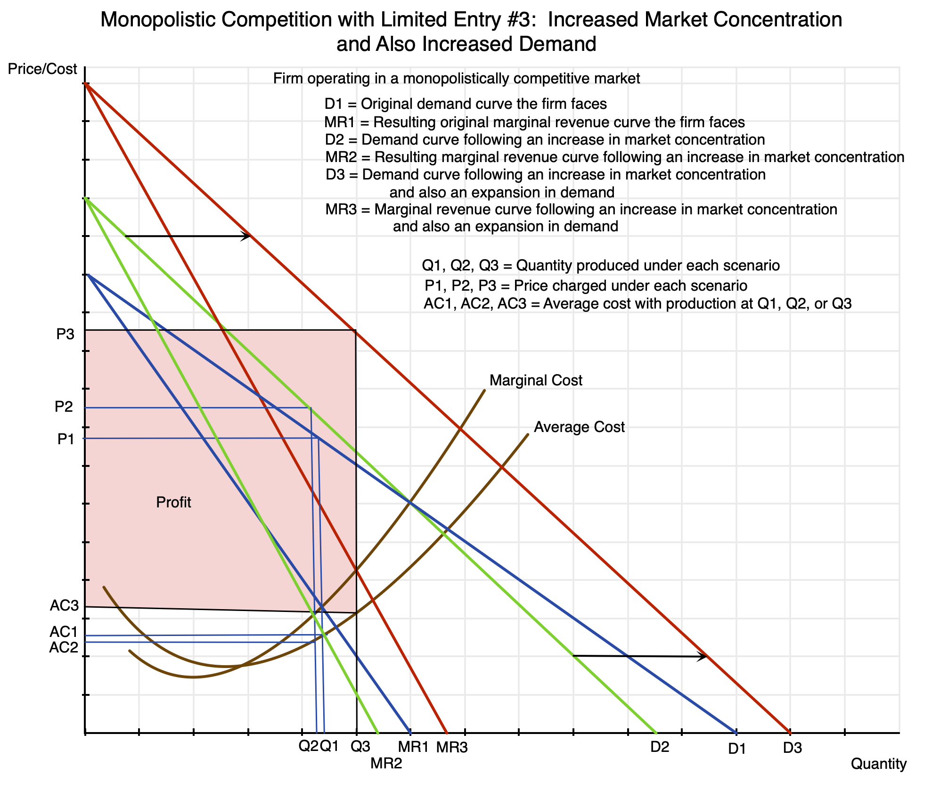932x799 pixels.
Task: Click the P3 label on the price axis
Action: pyautogui.click(x=65, y=334)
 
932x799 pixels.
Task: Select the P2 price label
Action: pyautogui.click(x=64, y=407)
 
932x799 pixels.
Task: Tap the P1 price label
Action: pyautogui.click(x=65, y=439)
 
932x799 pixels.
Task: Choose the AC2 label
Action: pyautogui.click(x=63, y=648)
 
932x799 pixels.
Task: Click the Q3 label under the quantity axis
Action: pyautogui.click(x=360, y=746)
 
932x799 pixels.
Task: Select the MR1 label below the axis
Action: pyautogui.click(x=414, y=747)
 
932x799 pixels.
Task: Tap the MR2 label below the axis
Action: pyautogui.click(x=386, y=764)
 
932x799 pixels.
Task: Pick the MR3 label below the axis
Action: pyautogui.click(x=452, y=748)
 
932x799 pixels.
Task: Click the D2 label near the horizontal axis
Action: pyautogui.click(x=660, y=747)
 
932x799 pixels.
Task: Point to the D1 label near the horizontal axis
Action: pyautogui.click(x=737, y=749)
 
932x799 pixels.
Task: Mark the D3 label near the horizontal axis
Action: pyautogui.click(x=792, y=748)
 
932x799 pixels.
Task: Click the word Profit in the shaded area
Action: pyautogui.click(x=173, y=503)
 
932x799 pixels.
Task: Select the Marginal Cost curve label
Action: pyautogui.click(x=536, y=381)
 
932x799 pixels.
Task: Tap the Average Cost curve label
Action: pyautogui.click(x=579, y=427)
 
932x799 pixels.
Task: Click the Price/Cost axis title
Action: pyautogui.click(x=42, y=70)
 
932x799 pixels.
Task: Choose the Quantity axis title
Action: pyautogui.click(x=878, y=764)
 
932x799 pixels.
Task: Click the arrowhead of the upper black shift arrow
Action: pyautogui.click(x=247, y=236)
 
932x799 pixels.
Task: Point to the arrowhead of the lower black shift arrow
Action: pyautogui.click(x=703, y=656)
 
